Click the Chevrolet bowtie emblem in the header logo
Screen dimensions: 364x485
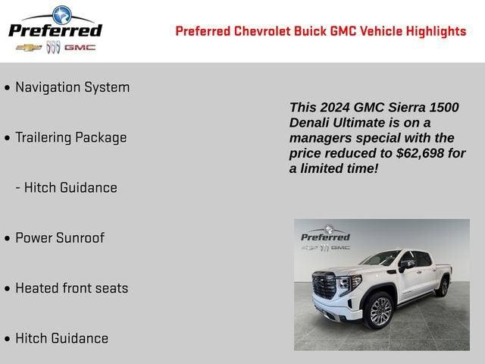pyautogui.click(x=28, y=47)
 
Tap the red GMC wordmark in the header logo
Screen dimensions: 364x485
pyautogui.click(x=80, y=47)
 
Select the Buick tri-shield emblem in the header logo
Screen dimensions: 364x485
pyautogui.click(x=53, y=47)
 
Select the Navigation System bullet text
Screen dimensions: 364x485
pyautogui.click(x=72, y=87)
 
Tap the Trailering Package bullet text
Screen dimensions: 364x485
pyautogui.click(x=70, y=137)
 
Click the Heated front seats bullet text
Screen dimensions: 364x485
pyautogui.click(x=71, y=288)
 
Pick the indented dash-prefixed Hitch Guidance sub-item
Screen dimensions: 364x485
pyautogui.click(x=66, y=188)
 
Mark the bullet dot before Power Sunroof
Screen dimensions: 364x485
pyautogui.click(x=8, y=239)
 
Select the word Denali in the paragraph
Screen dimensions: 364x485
pyautogui.click(x=311, y=123)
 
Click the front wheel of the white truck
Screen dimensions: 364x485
pyautogui.click(x=380, y=311)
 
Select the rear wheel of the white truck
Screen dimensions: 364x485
pyautogui.click(x=442, y=287)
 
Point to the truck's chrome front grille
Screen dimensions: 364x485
pyautogui.click(x=324, y=286)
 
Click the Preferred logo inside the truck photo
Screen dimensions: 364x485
pyautogui.click(x=326, y=237)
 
